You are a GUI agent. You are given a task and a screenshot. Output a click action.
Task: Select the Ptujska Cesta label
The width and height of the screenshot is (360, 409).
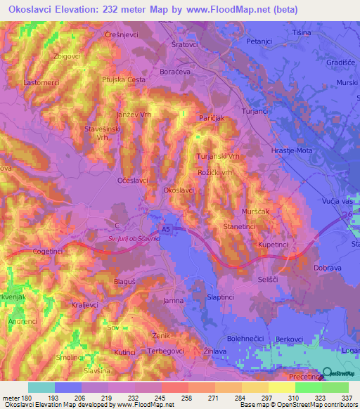[123, 80]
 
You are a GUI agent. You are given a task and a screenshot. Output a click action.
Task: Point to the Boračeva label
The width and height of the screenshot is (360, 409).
[193, 72]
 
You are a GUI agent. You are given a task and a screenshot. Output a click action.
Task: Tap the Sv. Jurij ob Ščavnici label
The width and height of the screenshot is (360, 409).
[136, 239]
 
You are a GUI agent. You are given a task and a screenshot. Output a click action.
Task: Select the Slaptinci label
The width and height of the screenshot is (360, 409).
[220, 297]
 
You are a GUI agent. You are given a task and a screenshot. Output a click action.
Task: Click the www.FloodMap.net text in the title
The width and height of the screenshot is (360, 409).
[221, 10]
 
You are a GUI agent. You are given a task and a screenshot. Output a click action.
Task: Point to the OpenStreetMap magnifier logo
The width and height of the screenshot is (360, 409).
[327, 374]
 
